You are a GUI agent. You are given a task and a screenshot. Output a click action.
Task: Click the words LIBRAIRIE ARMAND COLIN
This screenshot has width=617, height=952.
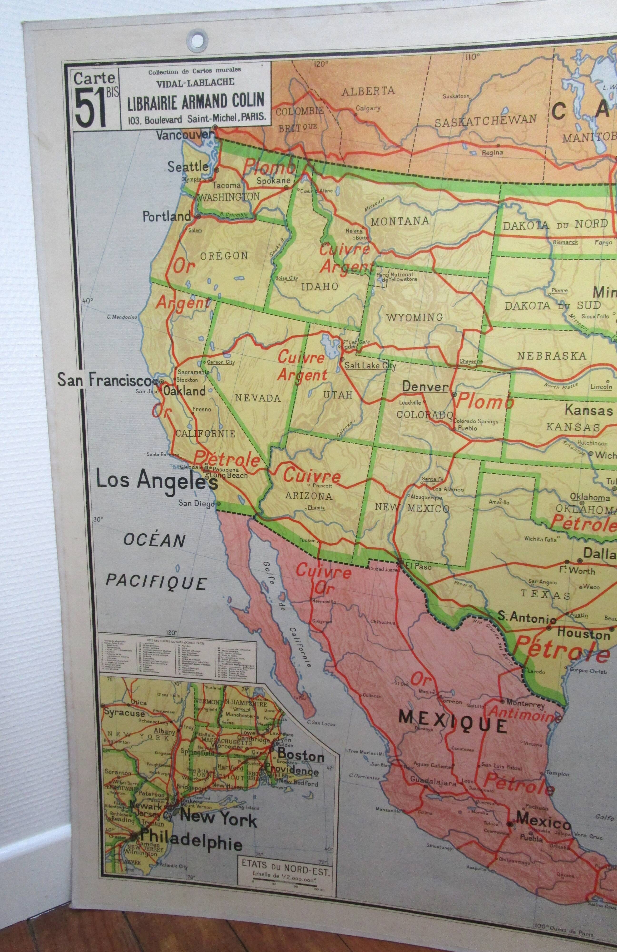coord(196,101)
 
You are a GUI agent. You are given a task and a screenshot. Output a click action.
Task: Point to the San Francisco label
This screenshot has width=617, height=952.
coord(104,380)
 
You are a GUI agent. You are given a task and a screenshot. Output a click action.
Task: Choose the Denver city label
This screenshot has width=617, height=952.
coord(425,387)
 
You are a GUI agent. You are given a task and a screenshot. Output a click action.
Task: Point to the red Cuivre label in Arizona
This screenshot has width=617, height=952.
coord(312,476)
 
